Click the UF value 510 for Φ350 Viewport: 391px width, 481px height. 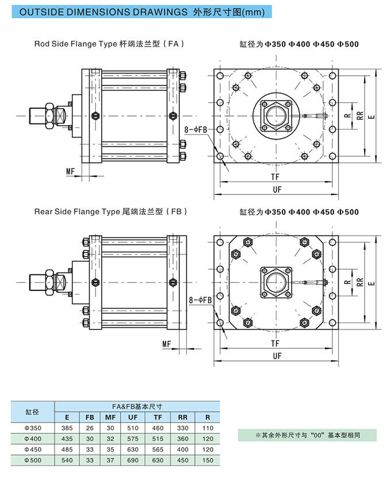[x=132, y=428]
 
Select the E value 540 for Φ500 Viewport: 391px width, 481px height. [x=67, y=460]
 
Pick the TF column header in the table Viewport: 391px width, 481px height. [x=158, y=417]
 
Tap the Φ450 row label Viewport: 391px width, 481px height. [x=33, y=449]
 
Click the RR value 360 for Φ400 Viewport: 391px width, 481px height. [x=183, y=439]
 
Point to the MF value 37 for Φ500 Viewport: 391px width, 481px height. [x=110, y=460]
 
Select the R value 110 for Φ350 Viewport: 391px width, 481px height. [x=208, y=428]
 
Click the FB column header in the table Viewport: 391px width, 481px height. [x=90, y=417]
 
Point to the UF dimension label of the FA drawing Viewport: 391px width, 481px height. [x=277, y=189]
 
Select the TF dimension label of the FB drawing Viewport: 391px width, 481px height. [x=276, y=343]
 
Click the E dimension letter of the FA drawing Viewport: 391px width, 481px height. [x=372, y=117]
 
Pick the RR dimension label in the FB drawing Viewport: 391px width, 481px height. [x=359, y=282]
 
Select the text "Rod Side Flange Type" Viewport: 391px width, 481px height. [x=75, y=44]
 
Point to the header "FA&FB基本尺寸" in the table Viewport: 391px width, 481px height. [x=136, y=406]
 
